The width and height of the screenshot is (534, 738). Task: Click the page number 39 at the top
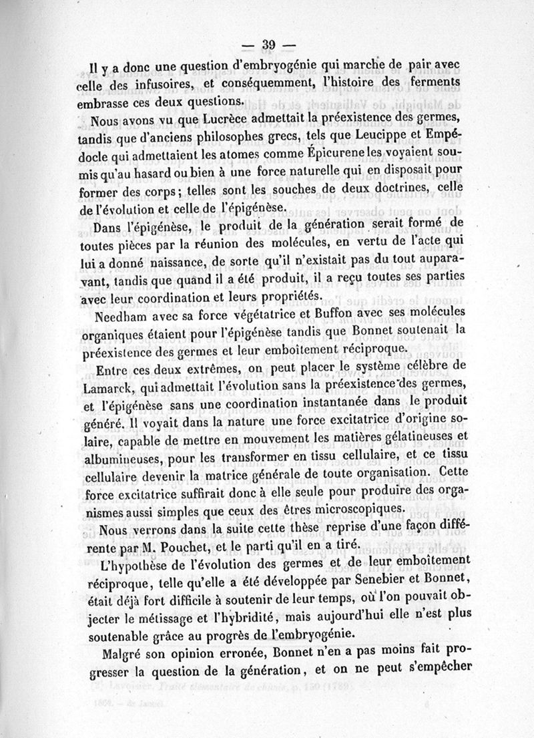[x=268, y=45]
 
